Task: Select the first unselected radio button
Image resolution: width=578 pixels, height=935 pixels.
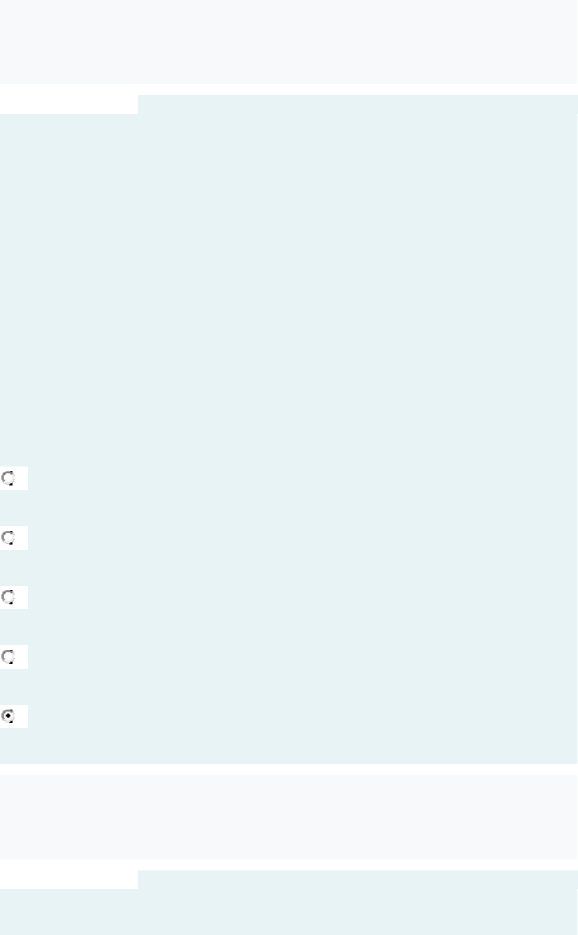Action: coord(8,478)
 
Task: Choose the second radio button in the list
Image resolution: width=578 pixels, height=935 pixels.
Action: coord(8,538)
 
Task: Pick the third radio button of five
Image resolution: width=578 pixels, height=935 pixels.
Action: coord(8,598)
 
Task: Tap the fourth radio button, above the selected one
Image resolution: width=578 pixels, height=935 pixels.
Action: coord(8,657)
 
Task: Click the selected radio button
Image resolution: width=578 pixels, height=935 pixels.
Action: coord(8,716)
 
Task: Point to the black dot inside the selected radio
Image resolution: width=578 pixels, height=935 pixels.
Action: coord(8,716)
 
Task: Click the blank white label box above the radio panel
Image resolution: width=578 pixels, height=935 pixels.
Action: coord(68,104)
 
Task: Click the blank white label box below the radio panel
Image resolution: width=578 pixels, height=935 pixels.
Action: coord(68,879)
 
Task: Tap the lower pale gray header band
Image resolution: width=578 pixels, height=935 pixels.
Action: coord(288,817)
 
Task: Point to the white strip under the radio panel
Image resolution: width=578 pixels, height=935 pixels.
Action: coord(288,769)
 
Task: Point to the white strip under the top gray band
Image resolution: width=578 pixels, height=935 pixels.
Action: coord(288,90)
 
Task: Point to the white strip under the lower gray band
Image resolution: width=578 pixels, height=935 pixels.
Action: coord(288,864)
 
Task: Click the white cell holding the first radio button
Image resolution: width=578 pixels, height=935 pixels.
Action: coord(20,478)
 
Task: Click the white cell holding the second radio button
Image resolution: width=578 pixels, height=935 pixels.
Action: coord(20,538)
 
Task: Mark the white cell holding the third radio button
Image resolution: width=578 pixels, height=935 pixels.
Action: coord(20,598)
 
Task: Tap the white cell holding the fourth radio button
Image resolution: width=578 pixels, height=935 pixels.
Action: coord(20,657)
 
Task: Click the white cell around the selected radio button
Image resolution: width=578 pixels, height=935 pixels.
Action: coord(20,716)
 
